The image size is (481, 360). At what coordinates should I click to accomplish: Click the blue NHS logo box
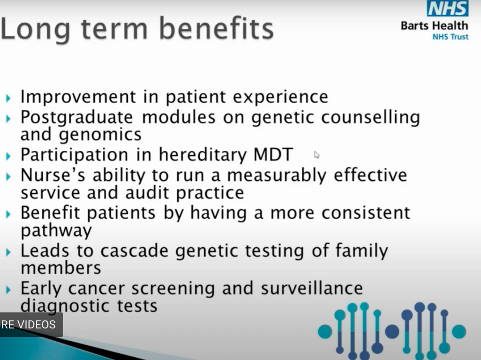[x=448, y=8]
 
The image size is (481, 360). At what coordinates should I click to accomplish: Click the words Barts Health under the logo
[x=434, y=25]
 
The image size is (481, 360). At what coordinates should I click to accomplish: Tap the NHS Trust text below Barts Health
[x=450, y=37]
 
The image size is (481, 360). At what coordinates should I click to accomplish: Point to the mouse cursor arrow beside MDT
[x=317, y=155]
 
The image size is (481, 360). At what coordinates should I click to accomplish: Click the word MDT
[x=273, y=155]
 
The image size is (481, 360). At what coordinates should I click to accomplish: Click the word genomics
[x=100, y=135]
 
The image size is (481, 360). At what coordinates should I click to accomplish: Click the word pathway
[x=56, y=231]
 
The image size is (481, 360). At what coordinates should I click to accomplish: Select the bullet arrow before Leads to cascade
[x=8, y=252]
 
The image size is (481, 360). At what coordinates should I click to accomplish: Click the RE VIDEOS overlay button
[x=29, y=325]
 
